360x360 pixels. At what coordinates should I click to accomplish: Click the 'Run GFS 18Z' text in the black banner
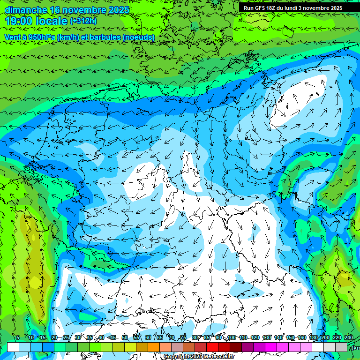click(x=261, y=7)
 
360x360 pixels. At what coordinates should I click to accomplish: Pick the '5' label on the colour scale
click(x=17, y=337)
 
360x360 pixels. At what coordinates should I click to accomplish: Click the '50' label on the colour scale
click(x=125, y=337)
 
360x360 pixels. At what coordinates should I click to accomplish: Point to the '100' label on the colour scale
click(x=232, y=337)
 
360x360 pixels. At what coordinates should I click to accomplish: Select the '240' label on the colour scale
click(x=349, y=337)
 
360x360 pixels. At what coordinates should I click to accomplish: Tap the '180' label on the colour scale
click(x=314, y=337)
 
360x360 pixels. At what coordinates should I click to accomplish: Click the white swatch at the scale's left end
click(x=13, y=347)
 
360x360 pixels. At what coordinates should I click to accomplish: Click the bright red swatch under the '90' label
click(x=212, y=347)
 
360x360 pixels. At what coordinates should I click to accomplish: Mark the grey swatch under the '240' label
click(x=341, y=347)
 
